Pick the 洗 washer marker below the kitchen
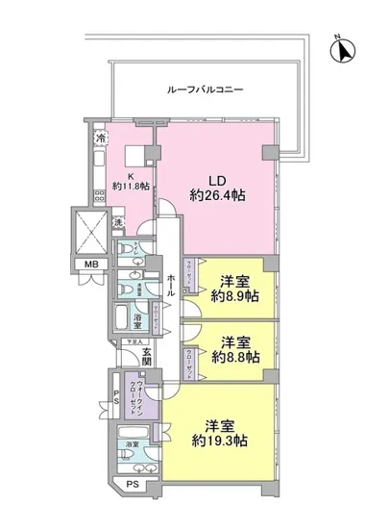coord(115,224)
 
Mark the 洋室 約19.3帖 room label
coord(228,431)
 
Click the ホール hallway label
coord(170,285)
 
